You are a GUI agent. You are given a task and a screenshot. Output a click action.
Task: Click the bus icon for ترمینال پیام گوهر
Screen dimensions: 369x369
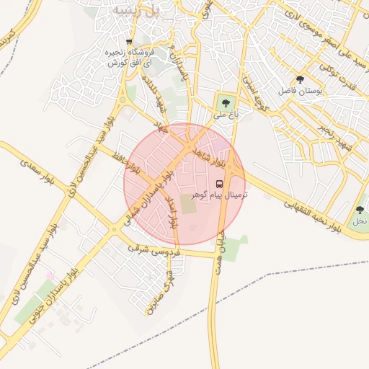[x=220, y=183]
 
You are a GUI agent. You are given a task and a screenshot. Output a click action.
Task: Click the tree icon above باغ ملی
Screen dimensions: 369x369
[x=226, y=102]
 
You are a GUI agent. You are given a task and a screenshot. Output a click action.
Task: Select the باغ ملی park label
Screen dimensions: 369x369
[x=226, y=114]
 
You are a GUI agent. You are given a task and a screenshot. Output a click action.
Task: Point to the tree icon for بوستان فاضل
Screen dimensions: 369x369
[x=300, y=79]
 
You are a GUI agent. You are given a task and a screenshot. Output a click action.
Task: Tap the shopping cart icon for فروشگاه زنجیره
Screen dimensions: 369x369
[x=129, y=42]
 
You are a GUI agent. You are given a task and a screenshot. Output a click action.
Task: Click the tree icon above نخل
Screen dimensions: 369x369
[x=360, y=210]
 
